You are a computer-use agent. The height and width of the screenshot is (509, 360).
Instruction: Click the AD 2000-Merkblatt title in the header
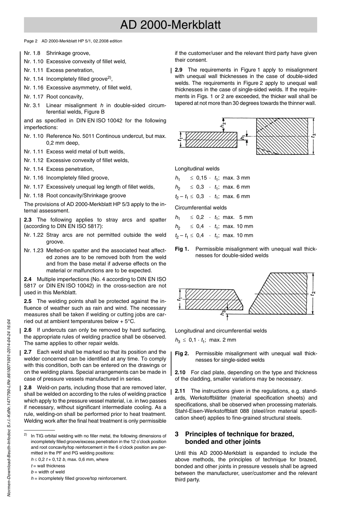tap(170, 25)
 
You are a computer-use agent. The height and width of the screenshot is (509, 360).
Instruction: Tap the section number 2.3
tap(28, 220)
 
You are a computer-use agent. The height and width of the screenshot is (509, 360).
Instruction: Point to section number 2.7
tap(28, 352)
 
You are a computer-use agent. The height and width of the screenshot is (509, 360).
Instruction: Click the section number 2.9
tap(179, 70)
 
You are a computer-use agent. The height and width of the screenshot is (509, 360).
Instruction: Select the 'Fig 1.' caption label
tap(182, 249)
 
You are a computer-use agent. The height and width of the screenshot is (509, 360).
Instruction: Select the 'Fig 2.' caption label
tap(182, 353)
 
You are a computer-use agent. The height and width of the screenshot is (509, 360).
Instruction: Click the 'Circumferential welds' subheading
tap(201, 208)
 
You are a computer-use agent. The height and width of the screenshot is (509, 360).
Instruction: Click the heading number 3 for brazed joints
tap(177, 434)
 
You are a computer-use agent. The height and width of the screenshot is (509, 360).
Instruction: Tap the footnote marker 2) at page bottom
tap(26, 435)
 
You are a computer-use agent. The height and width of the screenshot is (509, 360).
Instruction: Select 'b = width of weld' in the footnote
tap(48, 472)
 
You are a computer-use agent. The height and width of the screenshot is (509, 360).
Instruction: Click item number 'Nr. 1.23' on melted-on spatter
tap(33, 250)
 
